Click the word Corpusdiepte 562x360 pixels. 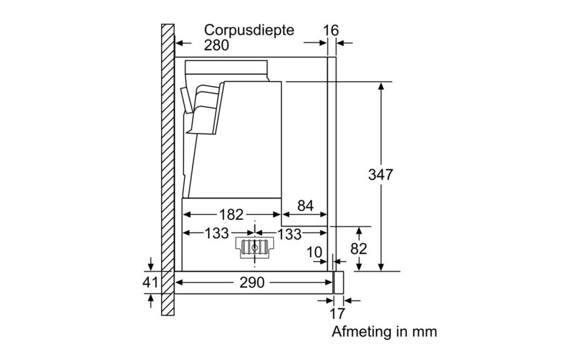point(249,30)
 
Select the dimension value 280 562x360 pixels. point(216,46)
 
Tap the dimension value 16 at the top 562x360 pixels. point(332,30)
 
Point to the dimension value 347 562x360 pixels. point(380,174)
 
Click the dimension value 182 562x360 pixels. point(231,214)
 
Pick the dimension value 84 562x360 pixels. point(305,206)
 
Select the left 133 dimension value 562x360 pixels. point(216,233)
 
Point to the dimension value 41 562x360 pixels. point(150,282)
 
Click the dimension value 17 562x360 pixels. point(337,313)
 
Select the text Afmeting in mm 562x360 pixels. point(384,331)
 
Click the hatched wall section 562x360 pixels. point(167,169)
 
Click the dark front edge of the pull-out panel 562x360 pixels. point(338,282)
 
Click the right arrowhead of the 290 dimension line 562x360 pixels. point(330,283)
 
